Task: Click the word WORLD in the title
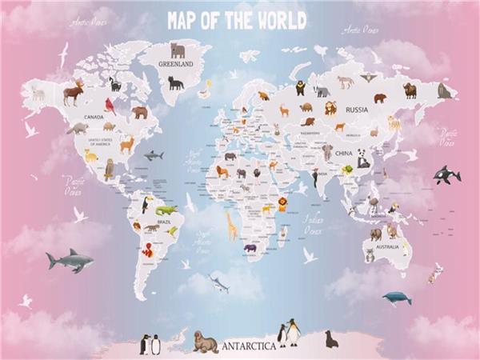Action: pyautogui.click(x=281, y=21)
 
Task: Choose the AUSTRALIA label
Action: pyautogui.click(x=386, y=246)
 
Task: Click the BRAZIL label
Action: pyautogui.click(x=165, y=221)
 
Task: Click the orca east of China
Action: pyautogui.click(x=446, y=174)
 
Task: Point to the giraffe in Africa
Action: pyautogui.click(x=232, y=226)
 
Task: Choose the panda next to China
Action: pyautogui.click(x=363, y=157)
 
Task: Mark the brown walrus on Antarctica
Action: pyautogui.click(x=205, y=342)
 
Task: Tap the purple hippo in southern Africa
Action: pyautogui.click(x=251, y=248)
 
